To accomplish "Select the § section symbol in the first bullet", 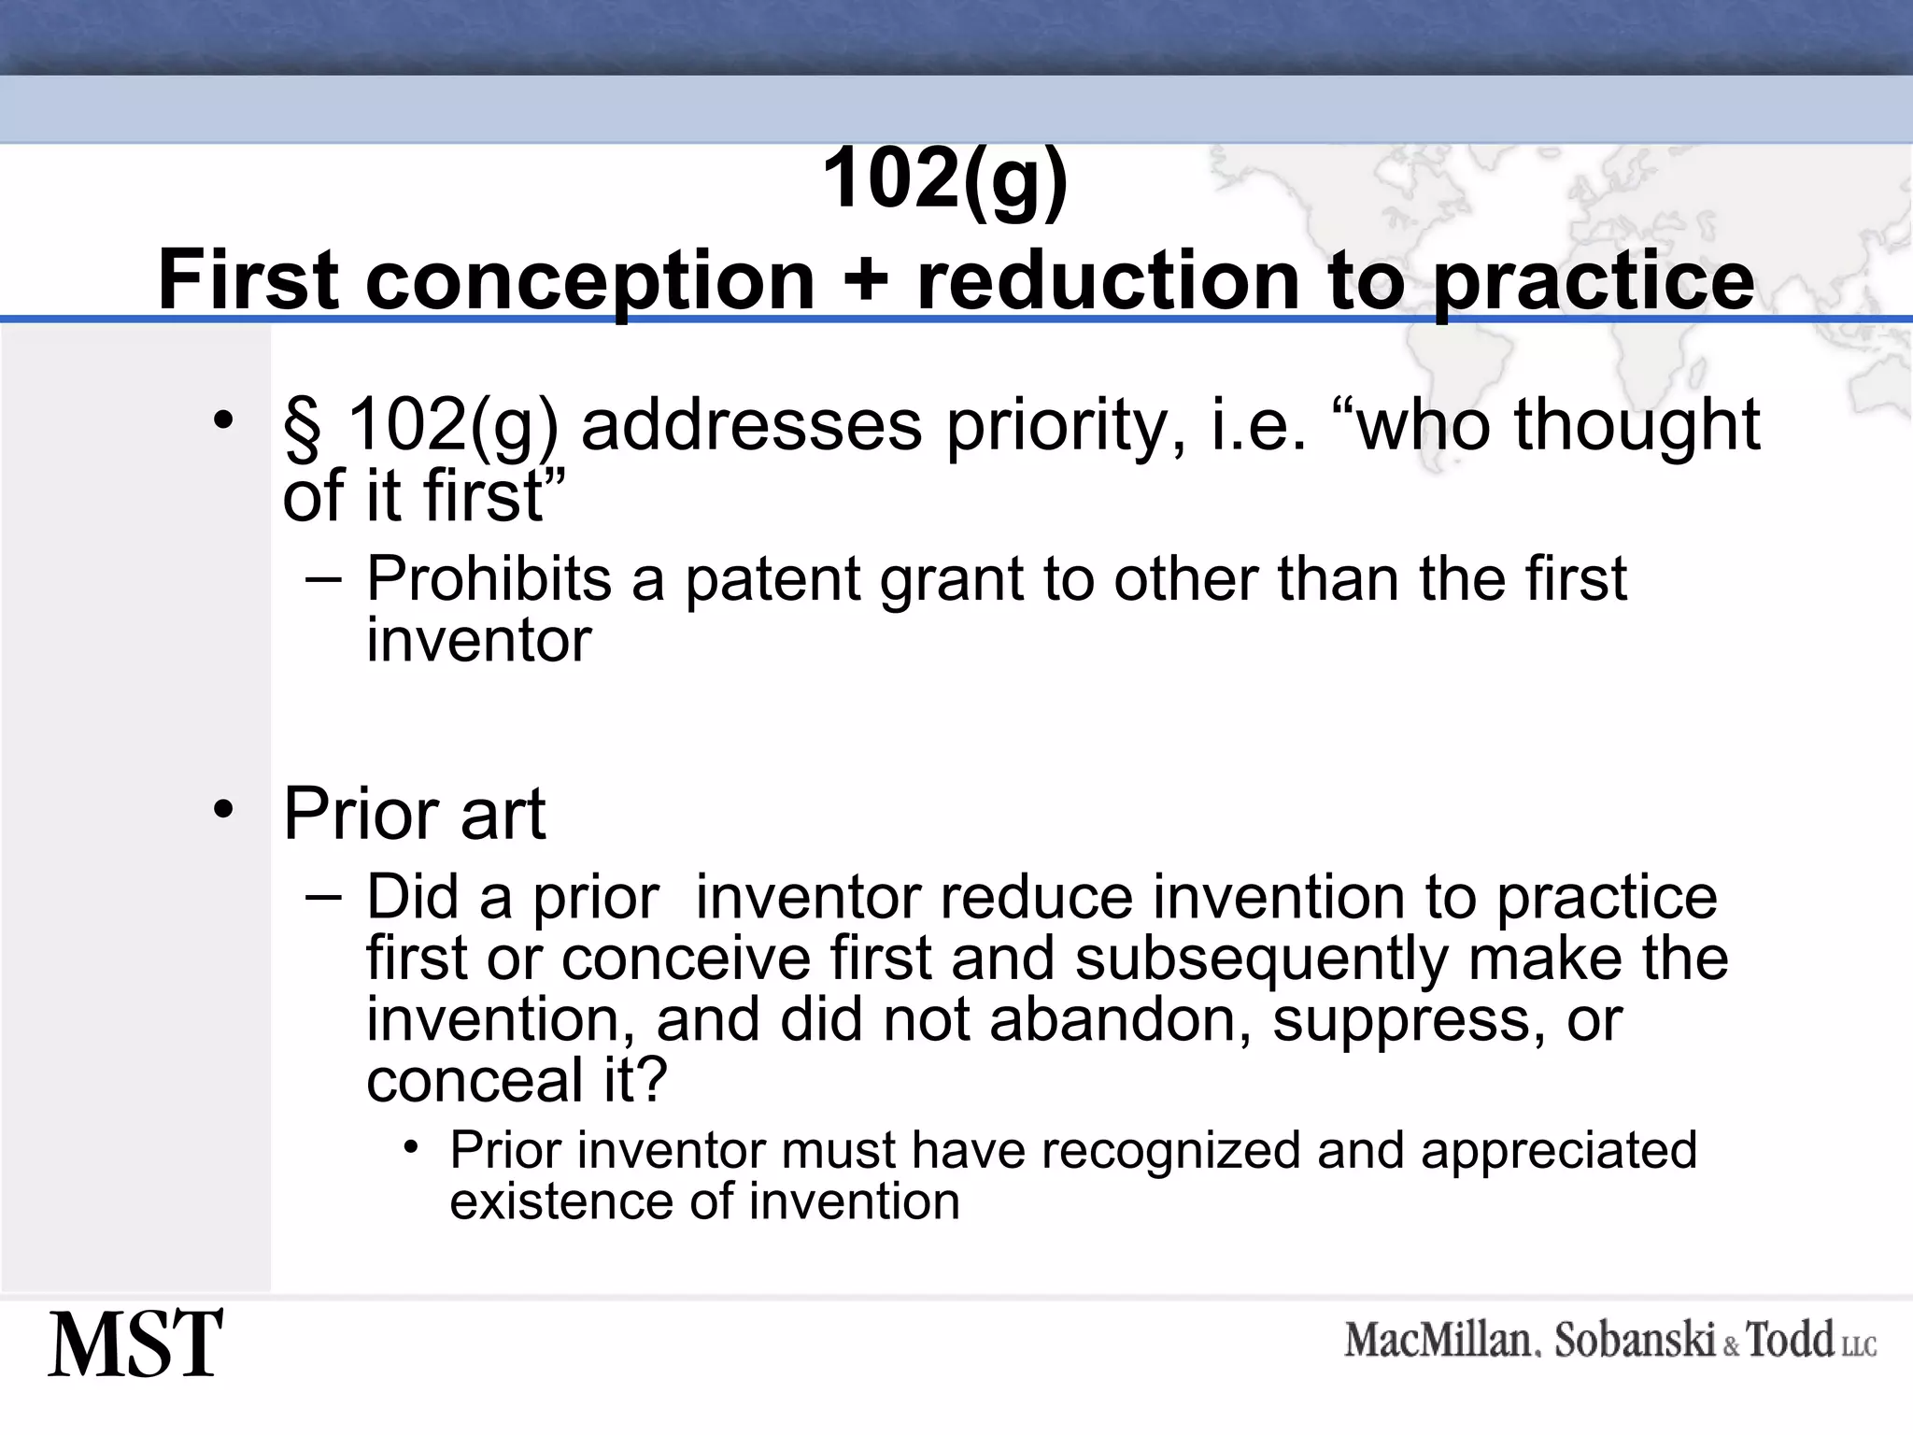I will [303, 427].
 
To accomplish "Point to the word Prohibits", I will [488, 579].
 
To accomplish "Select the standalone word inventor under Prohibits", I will [478, 641].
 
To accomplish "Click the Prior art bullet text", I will [414, 815].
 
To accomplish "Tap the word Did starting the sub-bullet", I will [412, 897].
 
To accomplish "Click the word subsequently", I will [1261, 959].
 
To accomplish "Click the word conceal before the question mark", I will [475, 1081].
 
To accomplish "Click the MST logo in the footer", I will [136, 1344].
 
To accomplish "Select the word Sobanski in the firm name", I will [1635, 1341].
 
